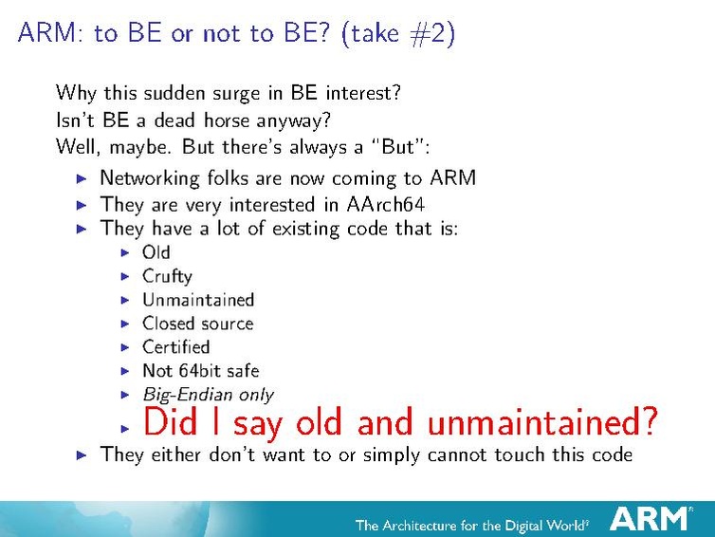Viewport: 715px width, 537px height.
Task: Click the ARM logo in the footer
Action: (650, 518)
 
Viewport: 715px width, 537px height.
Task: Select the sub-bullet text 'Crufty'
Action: (167, 276)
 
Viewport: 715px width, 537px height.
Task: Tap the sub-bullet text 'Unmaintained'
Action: (198, 300)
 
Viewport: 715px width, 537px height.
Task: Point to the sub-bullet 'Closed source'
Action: (197, 324)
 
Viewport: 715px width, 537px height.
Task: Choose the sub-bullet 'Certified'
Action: (175, 346)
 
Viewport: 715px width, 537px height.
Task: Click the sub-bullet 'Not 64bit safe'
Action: (200, 370)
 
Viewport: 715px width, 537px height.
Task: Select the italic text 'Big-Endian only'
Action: (208, 394)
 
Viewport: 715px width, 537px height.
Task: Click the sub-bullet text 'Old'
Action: (156, 252)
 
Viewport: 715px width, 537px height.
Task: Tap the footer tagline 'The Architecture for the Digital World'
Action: (471, 525)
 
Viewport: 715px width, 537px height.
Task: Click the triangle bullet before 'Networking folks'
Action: (82, 178)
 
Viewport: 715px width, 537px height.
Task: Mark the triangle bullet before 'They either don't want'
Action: (82, 455)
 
